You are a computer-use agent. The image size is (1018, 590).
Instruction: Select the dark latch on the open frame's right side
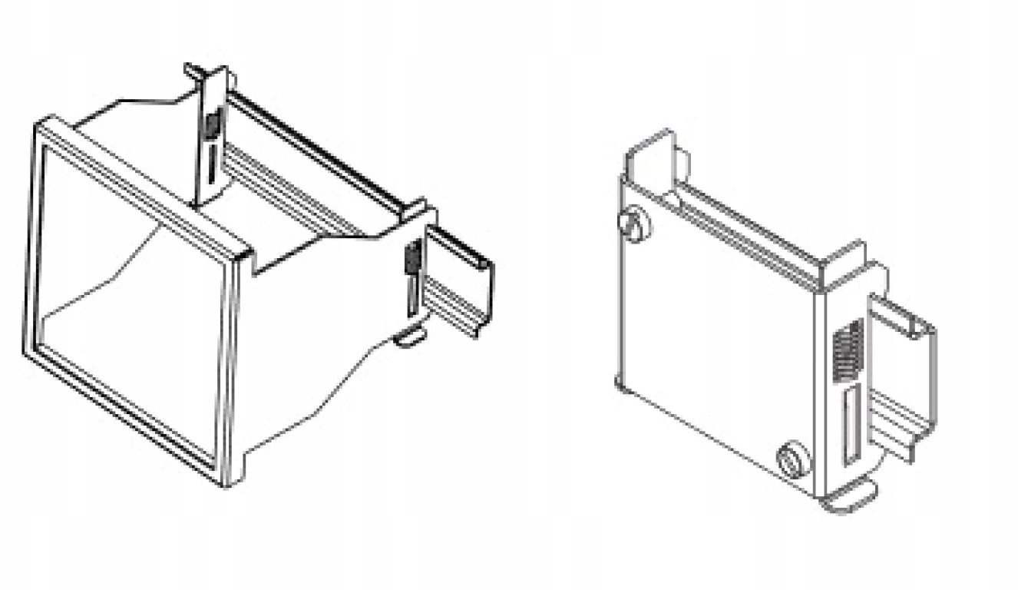tap(411, 257)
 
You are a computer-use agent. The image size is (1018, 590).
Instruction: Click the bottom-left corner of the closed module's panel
tap(620, 382)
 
